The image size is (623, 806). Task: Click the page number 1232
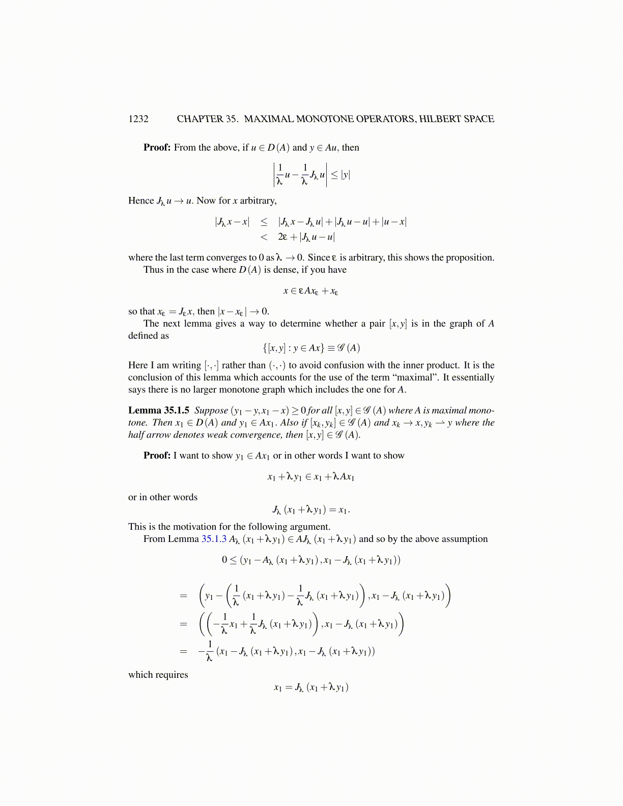(138, 119)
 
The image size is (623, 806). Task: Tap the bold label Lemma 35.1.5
(159, 411)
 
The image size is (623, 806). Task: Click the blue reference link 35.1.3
(214, 539)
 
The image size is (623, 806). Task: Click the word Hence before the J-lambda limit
(141, 200)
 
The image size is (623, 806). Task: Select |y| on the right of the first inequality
(346, 175)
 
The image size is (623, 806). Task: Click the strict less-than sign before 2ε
(264, 237)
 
